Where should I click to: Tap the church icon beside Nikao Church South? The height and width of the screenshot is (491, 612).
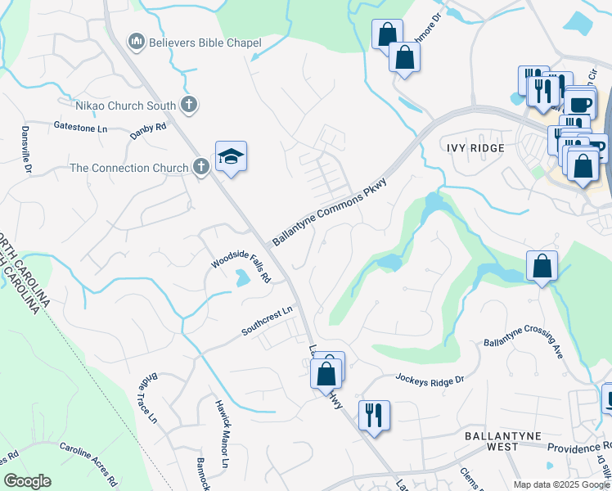coord(189,105)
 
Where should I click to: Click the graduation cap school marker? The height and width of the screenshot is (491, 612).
coord(231,156)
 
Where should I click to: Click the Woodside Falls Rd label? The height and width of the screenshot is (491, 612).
coord(241,266)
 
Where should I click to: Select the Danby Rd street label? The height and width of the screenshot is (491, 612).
coord(148,131)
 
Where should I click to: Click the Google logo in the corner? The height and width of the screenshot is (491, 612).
coord(27,481)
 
